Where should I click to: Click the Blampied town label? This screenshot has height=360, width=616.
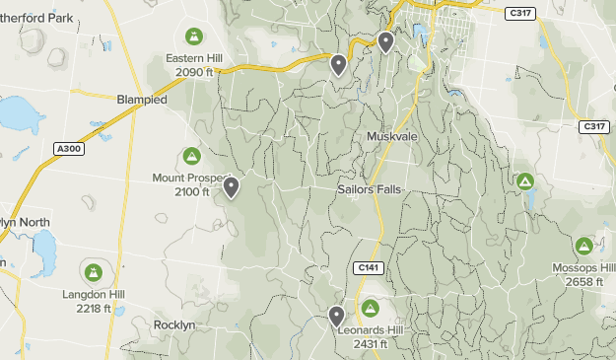click(x=142, y=101)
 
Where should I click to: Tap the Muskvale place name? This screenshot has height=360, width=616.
click(x=393, y=136)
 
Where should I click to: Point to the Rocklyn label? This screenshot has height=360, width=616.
click(x=176, y=324)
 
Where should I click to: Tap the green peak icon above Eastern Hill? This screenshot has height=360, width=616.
click(x=194, y=37)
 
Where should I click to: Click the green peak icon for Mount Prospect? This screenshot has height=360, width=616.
click(x=191, y=157)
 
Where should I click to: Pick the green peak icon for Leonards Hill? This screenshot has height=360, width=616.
click(x=371, y=308)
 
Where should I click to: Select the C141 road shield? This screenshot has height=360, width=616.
click(x=368, y=267)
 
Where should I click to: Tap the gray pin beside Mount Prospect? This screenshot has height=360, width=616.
click(x=232, y=186)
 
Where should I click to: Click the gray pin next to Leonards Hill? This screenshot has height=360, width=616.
click(x=336, y=317)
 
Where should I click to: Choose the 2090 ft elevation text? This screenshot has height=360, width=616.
click(x=194, y=72)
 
